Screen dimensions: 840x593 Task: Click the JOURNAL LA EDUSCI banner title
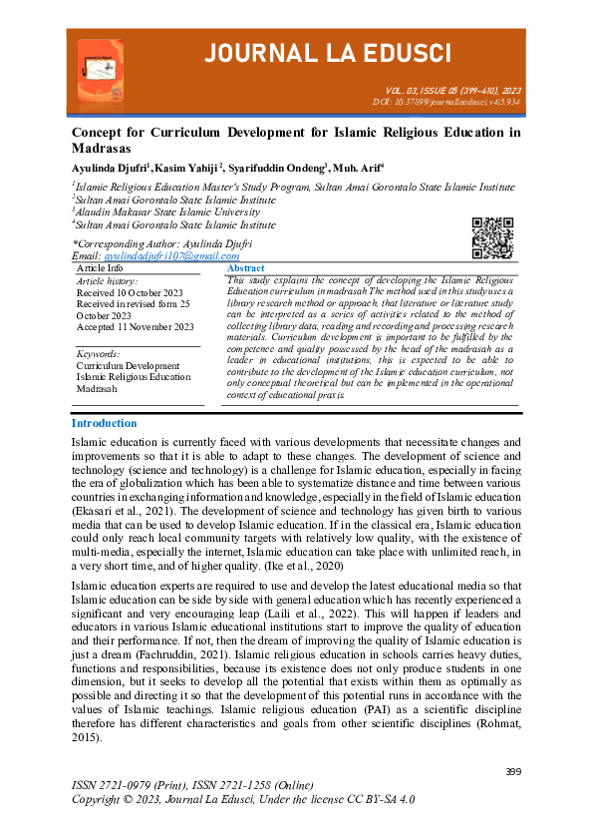click(329, 52)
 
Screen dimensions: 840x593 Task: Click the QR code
click(490, 236)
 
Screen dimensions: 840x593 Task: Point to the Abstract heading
click(246, 268)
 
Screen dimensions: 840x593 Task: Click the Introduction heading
click(104, 423)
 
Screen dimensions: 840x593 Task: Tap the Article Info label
click(100, 268)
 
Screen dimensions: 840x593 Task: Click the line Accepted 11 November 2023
click(136, 326)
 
